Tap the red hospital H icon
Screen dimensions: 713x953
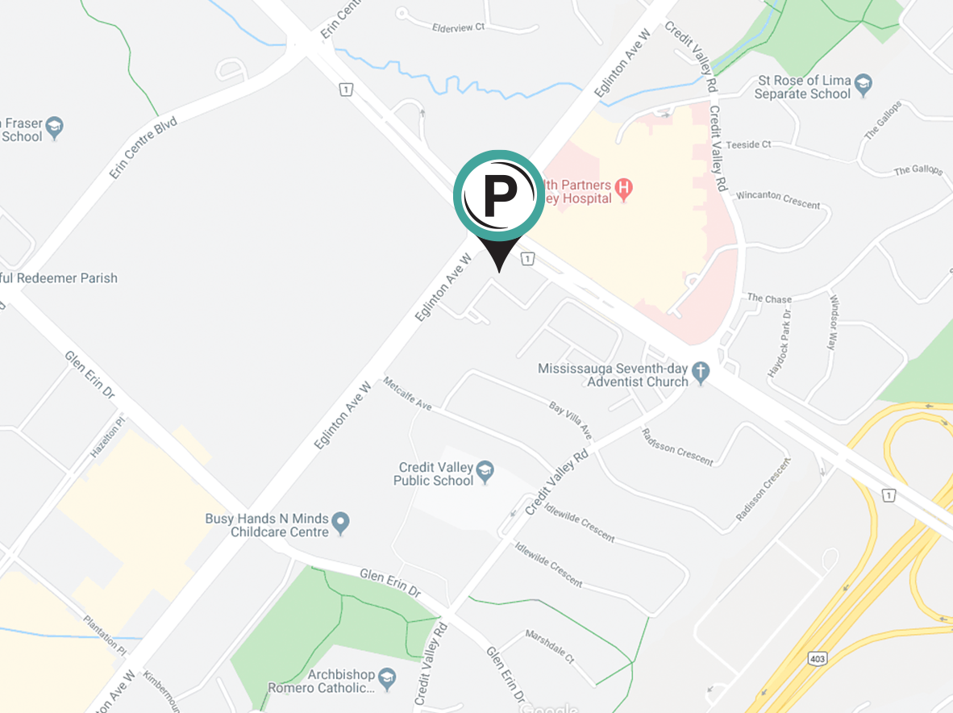click(x=622, y=190)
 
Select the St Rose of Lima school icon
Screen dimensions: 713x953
click(x=864, y=85)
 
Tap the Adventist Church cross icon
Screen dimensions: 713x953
click(x=701, y=373)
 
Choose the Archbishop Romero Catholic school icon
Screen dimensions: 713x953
click(x=388, y=678)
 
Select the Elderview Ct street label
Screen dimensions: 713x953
click(x=458, y=27)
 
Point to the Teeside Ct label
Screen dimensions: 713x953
click(x=748, y=144)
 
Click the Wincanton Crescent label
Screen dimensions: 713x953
click(x=777, y=199)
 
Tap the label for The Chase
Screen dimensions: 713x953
click(x=769, y=298)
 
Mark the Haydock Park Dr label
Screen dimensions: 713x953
click(x=780, y=342)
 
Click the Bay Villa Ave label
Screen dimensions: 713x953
click(x=571, y=419)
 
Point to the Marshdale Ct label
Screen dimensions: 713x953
click(x=549, y=645)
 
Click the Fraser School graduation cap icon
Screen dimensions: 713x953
click(x=54, y=126)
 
